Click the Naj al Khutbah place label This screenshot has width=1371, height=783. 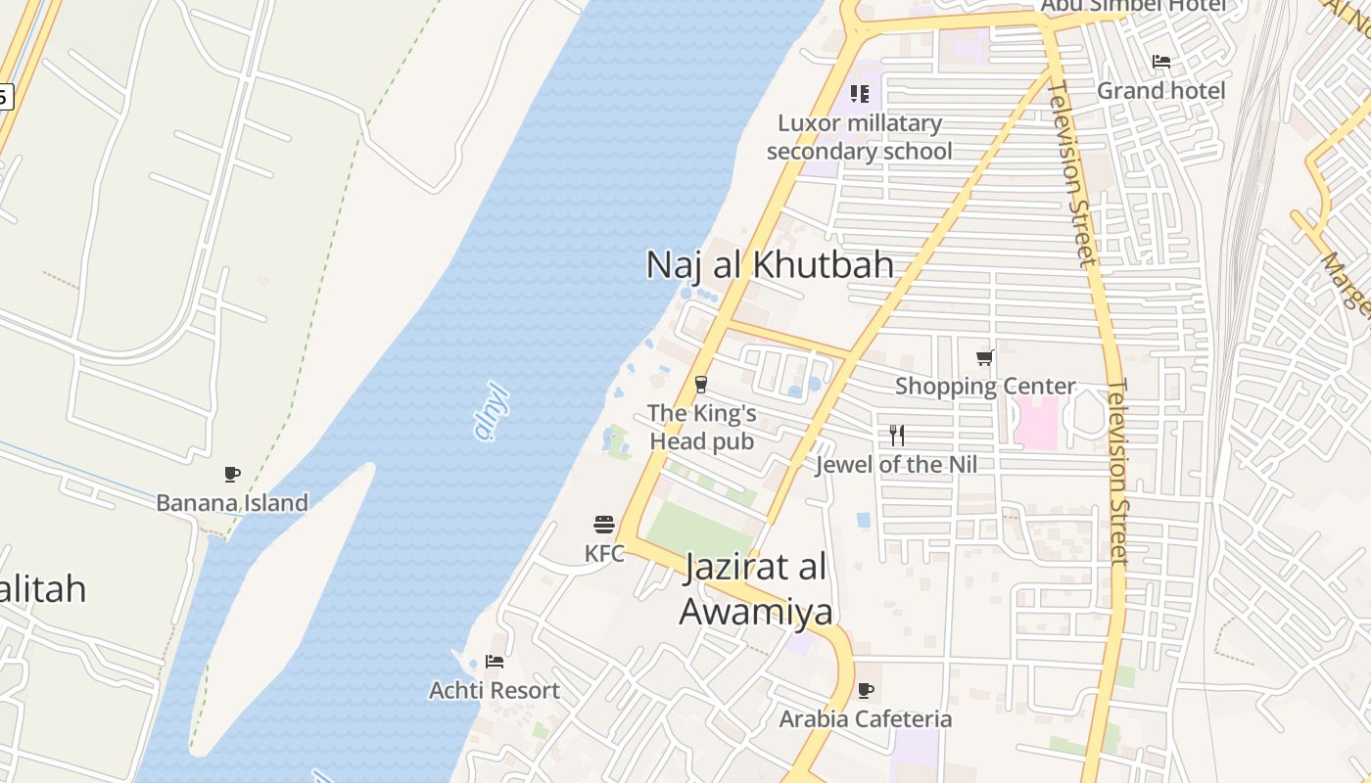pyautogui.click(x=770, y=265)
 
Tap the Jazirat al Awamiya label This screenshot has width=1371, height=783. pyautogui.click(x=756, y=588)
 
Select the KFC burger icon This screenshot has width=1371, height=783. pyautogui.click(x=604, y=525)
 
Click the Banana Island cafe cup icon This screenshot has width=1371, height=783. pyautogui.click(x=232, y=475)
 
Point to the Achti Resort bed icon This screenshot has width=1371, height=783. pyautogui.click(x=495, y=662)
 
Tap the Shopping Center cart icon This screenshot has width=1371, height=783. pyautogui.click(x=985, y=357)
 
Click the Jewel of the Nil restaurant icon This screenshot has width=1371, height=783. pyautogui.click(x=897, y=436)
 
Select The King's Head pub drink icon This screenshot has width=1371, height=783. pyautogui.click(x=701, y=384)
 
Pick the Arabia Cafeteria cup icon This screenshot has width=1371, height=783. pyautogui.click(x=866, y=690)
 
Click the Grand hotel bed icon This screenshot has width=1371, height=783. pyautogui.click(x=1161, y=62)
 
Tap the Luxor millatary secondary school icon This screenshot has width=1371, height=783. pyautogui.click(x=859, y=94)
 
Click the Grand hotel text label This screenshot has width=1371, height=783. pyautogui.click(x=1160, y=91)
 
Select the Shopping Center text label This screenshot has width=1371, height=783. pyautogui.click(x=985, y=387)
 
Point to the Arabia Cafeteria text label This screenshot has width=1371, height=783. pyautogui.click(x=866, y=719)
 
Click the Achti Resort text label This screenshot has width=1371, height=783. pyautogui.click(x=495, y=691)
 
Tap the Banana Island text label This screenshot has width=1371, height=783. pyautogui.click(x=232, y=503)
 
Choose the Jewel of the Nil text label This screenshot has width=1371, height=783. pyautogui.click(x=897, y=465)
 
